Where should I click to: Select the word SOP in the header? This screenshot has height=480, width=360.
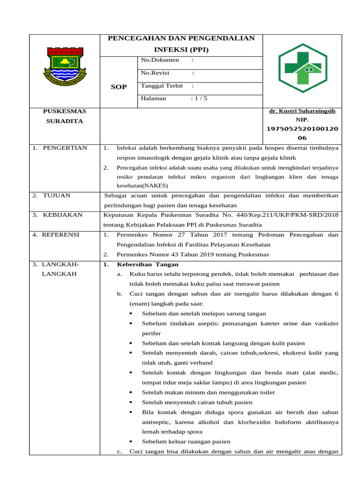pyautogui.click(x=119, y=87)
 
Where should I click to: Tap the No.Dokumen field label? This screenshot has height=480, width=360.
pyautogui.click(x=160, y=60)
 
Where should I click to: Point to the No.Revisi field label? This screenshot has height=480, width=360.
pyautogui.click(x=155, y=73)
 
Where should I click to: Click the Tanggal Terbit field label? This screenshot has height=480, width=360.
pyautogui.click(x=163, y=86)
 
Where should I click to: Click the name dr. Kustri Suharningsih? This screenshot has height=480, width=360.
pyautogui.click(x=302, y=111)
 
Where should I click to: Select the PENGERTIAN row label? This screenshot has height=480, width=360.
pyautogui.click(x=65, y=148)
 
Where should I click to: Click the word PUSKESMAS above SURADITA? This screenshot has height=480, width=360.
pyautogui.click(x=65, y=111)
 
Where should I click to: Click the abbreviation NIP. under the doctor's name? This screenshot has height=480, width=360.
pyautogui.click(x=302, y=120)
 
